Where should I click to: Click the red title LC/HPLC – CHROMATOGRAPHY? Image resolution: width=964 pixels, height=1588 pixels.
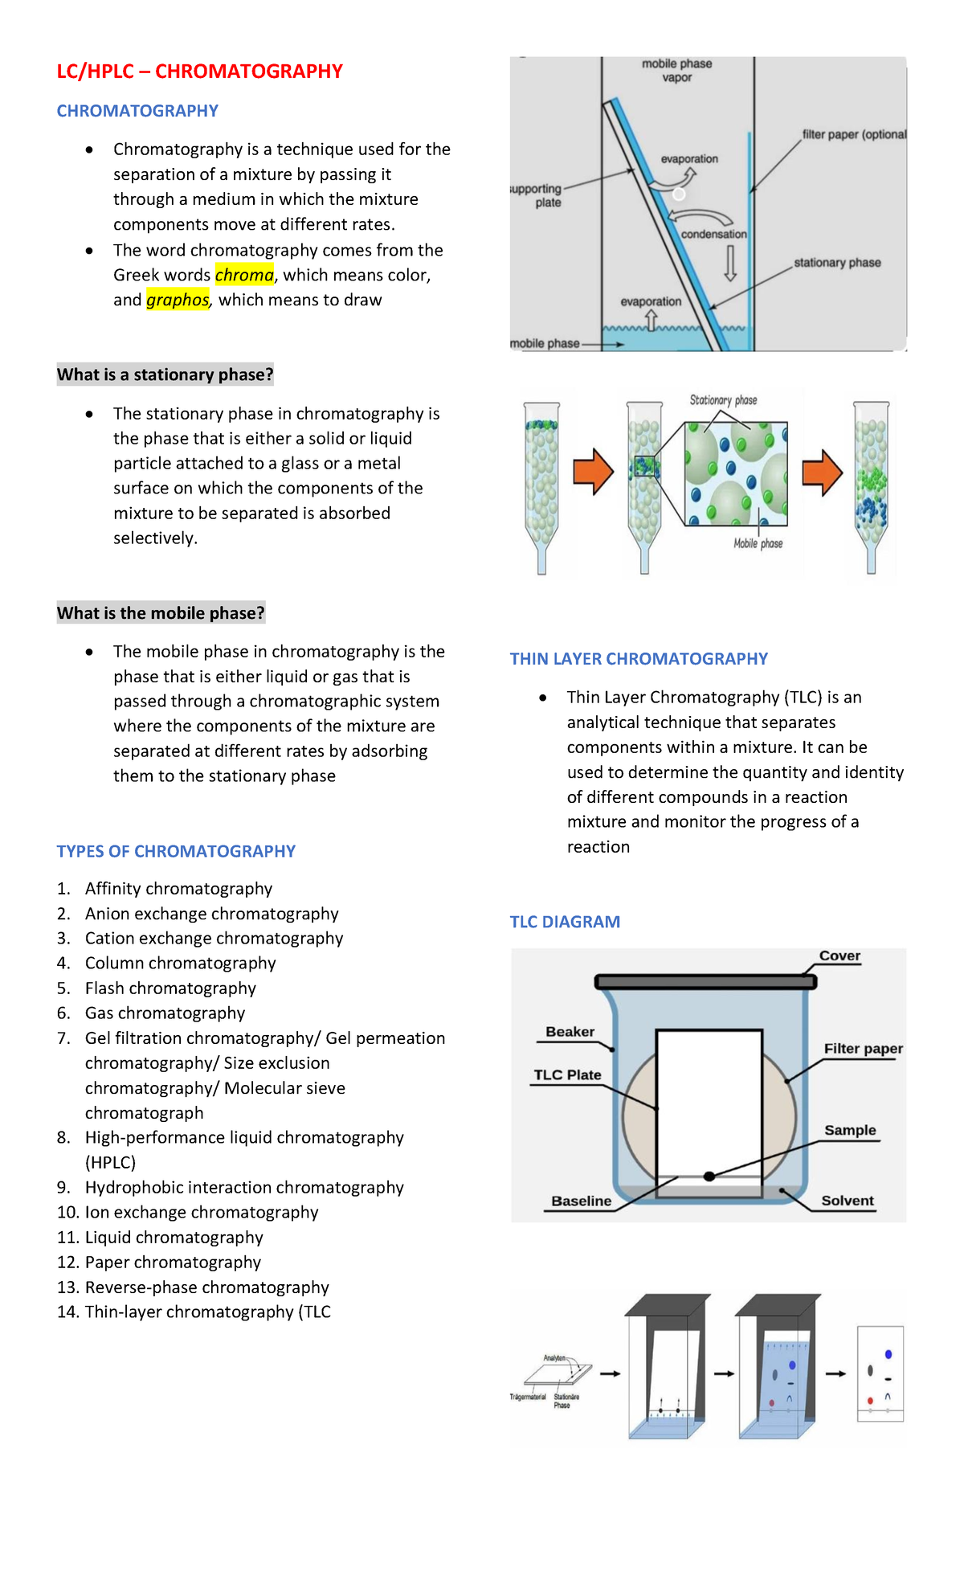(199, 72)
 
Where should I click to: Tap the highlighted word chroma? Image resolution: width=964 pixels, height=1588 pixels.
(244, 275)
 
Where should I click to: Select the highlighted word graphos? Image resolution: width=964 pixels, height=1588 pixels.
(178, 300)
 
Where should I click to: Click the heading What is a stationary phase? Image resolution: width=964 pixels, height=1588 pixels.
(165, 374)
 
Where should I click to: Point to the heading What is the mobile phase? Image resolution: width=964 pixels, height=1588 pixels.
(161, 613)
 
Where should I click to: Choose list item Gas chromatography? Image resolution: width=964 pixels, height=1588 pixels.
(165, 1013)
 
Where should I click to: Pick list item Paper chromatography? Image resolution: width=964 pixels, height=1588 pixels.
(173, 1263)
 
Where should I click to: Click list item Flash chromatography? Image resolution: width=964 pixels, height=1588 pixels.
(170, 988)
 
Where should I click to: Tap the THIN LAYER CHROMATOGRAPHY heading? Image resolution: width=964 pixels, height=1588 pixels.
(639, 659)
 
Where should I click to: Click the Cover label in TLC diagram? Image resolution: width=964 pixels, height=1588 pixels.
(839, 956)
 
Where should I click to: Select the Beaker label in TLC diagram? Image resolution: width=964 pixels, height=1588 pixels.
(570, 1032)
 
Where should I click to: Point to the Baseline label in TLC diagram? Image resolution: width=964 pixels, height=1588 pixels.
(581, 1201)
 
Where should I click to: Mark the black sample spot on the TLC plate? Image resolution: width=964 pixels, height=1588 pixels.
(709, 1177)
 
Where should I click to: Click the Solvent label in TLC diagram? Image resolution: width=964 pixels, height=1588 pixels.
(848, 1201)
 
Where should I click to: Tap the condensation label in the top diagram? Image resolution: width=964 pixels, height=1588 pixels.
(713, 235)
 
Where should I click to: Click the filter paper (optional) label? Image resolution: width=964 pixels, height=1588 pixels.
(854, 134)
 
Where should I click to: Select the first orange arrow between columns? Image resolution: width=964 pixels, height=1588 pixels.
(593, 472)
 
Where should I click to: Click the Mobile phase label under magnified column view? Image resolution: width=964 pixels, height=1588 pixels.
(758, 544)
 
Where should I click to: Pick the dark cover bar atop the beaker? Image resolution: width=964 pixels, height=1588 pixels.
(705, 982)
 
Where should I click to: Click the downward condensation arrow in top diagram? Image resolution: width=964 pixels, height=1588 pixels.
(730, 263)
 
